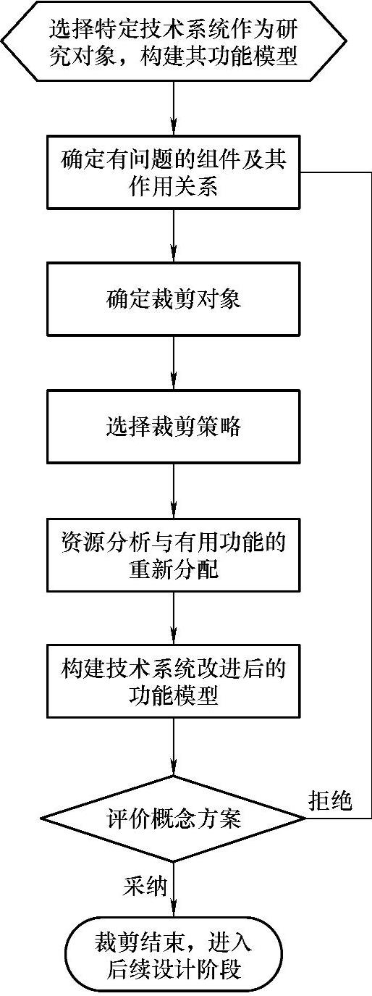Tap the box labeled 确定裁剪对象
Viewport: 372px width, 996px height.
(x=174, y=299)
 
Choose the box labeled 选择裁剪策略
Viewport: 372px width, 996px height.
(x=174, y=427)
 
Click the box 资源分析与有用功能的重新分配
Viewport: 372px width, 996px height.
(x=174, y=554)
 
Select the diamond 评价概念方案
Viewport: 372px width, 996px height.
(x=174, y=819)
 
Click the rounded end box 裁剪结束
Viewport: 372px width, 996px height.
(x=174, y=955)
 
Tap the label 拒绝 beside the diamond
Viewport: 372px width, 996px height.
(x=329, y=801)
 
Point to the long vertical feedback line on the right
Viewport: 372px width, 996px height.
(x=370, y=493)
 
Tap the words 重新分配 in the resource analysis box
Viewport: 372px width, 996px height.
(x=174, y=569)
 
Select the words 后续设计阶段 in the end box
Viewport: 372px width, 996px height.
(x=174, y=968)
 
